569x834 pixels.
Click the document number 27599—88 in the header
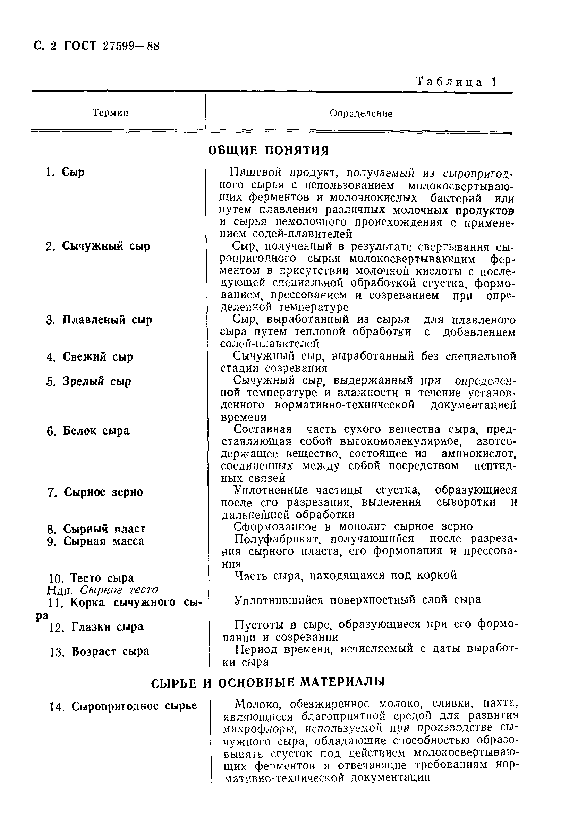(x=130, y=46)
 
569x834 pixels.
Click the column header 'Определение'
(x=361, y=114)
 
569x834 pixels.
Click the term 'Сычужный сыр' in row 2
(x=106, y=246)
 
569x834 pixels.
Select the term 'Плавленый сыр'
(x=107, y=320)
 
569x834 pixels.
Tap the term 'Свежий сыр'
(x=98, y=357)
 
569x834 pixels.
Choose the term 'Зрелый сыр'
(x=97, y=381)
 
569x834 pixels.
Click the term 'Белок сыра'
(x=96, y=431)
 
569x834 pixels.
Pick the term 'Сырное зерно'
(x=103, y=492)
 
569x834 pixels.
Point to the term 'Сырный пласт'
(x=104, y=529)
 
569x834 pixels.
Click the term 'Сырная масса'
(x=104, y=541)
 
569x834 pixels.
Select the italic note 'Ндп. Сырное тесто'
(x=103, y=590)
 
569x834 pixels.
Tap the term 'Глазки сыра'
(x=107, y=627)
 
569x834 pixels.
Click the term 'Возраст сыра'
(x=110, y=651)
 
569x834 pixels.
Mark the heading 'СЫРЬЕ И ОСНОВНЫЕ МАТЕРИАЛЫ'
(x=268, y=682)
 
